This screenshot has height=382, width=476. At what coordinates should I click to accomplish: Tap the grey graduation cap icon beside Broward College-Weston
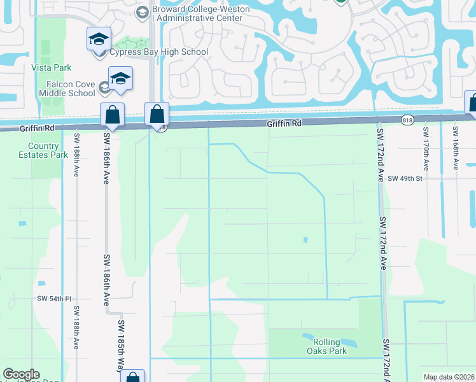point(141,12)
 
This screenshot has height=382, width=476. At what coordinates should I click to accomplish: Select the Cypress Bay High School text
point(158,52)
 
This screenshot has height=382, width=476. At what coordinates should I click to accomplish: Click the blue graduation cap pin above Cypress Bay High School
point(99,39)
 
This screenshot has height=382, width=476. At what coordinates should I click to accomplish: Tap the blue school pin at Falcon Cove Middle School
point(120,79)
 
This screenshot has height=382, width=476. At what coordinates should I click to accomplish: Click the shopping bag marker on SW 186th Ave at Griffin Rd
point(113,116)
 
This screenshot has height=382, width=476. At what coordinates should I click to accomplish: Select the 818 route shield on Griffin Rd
point(407,120)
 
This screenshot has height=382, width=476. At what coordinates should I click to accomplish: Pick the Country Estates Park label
point(43,150)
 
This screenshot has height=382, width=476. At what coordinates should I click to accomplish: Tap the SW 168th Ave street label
point(456,148)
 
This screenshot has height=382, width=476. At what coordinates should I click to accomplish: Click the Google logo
point(21,374)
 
